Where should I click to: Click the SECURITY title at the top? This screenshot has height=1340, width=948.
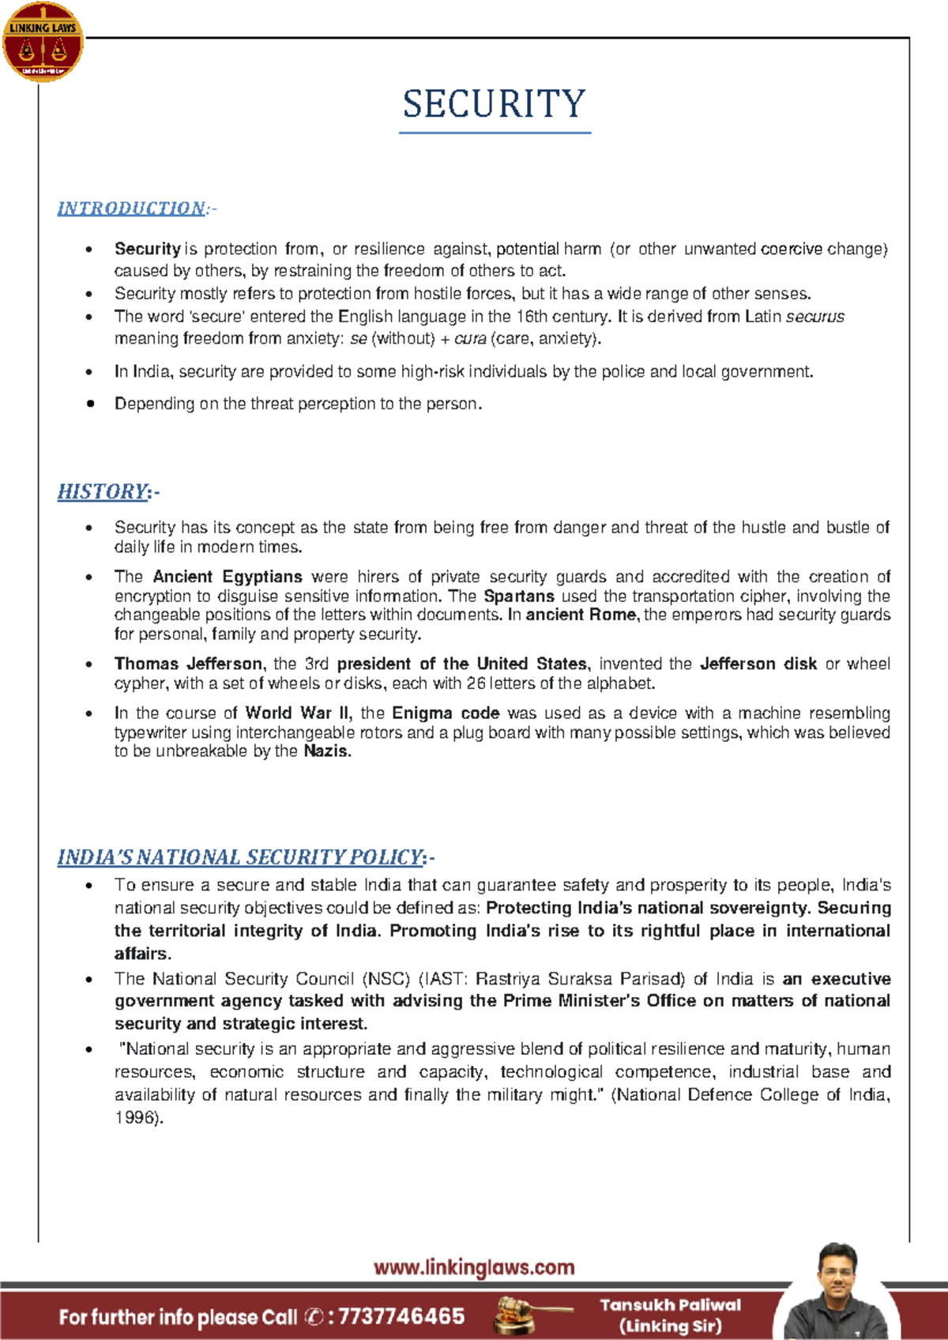[x=495, y=104]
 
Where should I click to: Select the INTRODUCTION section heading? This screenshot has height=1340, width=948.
[x=131, y=209]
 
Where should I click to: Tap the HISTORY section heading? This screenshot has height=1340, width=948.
[x=103, y=491]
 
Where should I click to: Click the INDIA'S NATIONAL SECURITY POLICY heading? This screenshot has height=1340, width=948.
[x=240, y=857]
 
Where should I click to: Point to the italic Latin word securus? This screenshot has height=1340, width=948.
[x=814, y=317]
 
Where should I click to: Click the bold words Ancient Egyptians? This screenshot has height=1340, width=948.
[x=228, y=577]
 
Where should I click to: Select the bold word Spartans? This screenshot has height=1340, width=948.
[x=519, y=596]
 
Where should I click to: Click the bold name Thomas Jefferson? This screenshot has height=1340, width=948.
[x=188, y=664]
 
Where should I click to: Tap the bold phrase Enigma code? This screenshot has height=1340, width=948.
[x=446, y=713]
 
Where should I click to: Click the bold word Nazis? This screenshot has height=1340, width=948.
[x=325, y=751]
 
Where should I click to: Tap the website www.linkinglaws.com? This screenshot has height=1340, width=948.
[x=474, y=1267]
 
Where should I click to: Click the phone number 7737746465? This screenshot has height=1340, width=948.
[x=401, y=1316]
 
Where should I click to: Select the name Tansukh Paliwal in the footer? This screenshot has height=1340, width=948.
[x=670, y=1305]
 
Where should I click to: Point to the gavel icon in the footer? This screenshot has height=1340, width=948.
[x=521, y=1316]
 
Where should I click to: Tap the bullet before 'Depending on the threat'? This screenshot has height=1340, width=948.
[x=90, y=404]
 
